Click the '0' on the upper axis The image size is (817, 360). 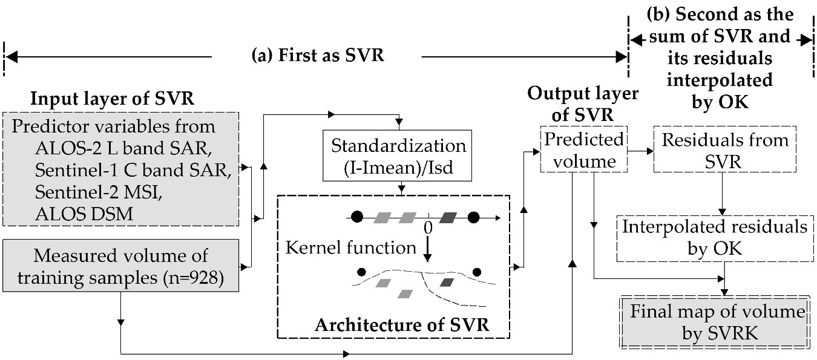(428, 228)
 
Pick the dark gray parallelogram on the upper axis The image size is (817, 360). (449, 217)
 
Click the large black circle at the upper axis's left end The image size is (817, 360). (357, 217)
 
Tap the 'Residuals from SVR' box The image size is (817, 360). (724, 151)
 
